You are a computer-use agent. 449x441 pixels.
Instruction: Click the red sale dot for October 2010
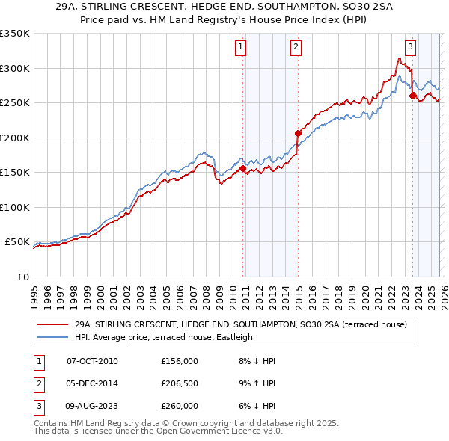[x=242, y=169]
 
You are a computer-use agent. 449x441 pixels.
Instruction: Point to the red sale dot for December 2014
[x=298, y=134]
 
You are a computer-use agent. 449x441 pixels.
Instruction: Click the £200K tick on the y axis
[x=15, y=138]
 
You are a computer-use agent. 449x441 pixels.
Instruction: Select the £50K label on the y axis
[x=16, y=242]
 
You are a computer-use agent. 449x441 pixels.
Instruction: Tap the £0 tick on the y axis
[x=22, y=277]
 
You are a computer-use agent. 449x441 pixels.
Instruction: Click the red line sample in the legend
[x=52, y=325]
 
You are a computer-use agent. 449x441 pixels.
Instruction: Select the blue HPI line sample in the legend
[x=52, y=337]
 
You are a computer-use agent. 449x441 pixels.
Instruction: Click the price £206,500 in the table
[x=179, y=383]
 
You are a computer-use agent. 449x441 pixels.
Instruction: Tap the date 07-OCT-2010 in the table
[x=92, y=361]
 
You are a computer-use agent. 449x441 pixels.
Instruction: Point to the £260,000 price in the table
[x=179, y=406]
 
